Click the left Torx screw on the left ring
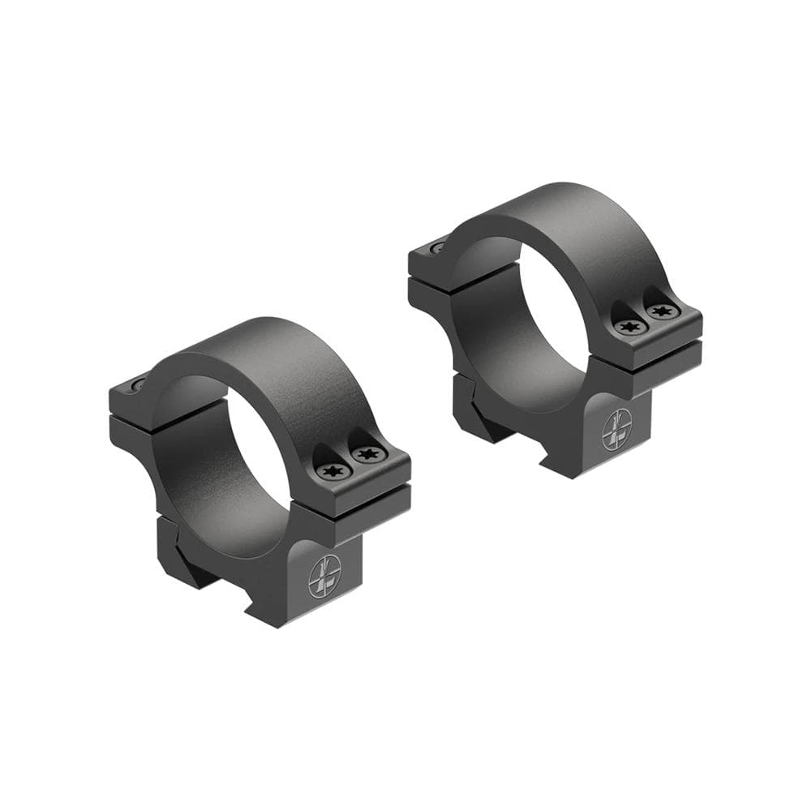(333, 470)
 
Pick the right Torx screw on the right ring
(660, 311)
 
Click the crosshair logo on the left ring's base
(323, 577)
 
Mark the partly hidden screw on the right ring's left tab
(438, 247)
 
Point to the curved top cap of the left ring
(268, 357)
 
